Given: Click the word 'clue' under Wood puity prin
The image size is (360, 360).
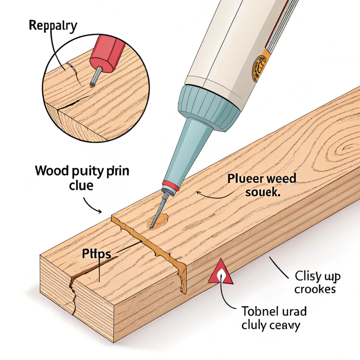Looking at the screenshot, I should (x=81, y=185).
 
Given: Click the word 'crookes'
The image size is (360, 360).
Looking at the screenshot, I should (x=315, y=289).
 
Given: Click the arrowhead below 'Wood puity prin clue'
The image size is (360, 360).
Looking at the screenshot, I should (x=101, y=212).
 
